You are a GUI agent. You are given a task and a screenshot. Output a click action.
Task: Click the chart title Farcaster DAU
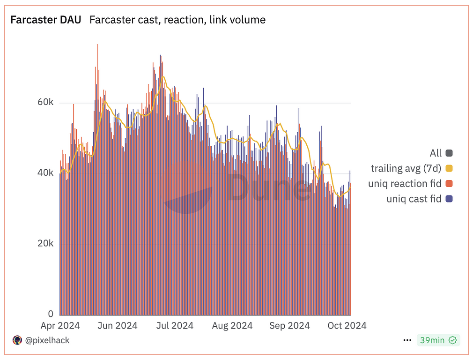tap(46, 20)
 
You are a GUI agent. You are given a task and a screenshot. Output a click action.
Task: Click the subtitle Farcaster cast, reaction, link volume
tap(177, 20)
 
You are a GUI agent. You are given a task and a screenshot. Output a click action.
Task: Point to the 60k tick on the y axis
tap(45, 103)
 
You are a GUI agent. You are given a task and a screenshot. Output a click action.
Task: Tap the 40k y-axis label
tap(45, 173)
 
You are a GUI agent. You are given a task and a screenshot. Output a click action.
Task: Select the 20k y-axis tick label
tap(45, 244)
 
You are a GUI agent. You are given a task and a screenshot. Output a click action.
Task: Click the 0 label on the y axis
tap(51, 314)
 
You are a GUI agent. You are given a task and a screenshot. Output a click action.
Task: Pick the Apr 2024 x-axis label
tap(60, 326)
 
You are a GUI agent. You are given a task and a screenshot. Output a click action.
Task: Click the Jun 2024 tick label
tap(117, 326)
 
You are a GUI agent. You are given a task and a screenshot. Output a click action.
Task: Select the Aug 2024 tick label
tap(232, 326)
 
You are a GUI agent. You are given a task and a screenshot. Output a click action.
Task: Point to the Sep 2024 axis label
tap(289, 326)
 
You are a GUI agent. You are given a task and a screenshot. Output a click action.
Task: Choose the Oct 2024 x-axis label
tap(346, 326)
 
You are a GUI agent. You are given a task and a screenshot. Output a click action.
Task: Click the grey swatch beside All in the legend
tap(449, 153)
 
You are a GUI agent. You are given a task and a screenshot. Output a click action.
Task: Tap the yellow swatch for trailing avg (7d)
tap(449, 168)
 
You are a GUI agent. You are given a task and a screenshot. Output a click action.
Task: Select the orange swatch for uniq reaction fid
tap(449, 184)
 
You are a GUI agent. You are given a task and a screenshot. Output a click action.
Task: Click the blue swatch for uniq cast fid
tap(449, 199)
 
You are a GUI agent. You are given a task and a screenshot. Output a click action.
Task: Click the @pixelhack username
tap(47, 340)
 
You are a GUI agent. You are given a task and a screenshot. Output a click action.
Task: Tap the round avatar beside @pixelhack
tap(17, 340)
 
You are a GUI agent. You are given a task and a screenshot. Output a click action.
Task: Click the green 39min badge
tap(438, 340)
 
